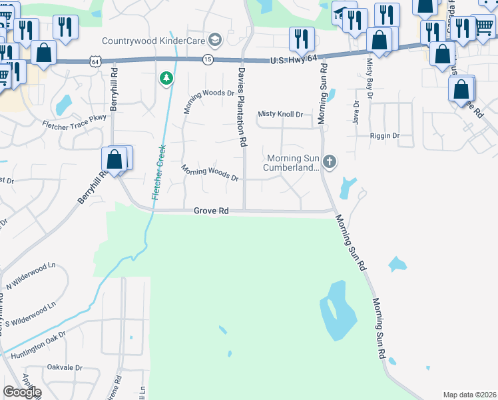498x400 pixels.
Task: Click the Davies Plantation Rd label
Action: pyautogui.click(x=243, y=107)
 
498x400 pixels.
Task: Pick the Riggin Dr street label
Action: pyautogui.click(x=384, y=135)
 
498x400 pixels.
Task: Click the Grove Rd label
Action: pyautogui.click(x=211, y=211)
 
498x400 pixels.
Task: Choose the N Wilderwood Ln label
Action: pyautogui.click(x=27, y=277)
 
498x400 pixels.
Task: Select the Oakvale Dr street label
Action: pyautogui.click(x=65, y=367)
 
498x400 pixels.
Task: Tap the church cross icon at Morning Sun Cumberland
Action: pyautogui.click(x=329, y=162)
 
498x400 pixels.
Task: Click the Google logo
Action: pyautogui.click(x=22, y=392)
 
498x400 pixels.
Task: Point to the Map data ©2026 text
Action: pyautogui.click(x=469, y=395)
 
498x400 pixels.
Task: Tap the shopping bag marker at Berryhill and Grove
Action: pyautogui.click(x=115, y=160)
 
